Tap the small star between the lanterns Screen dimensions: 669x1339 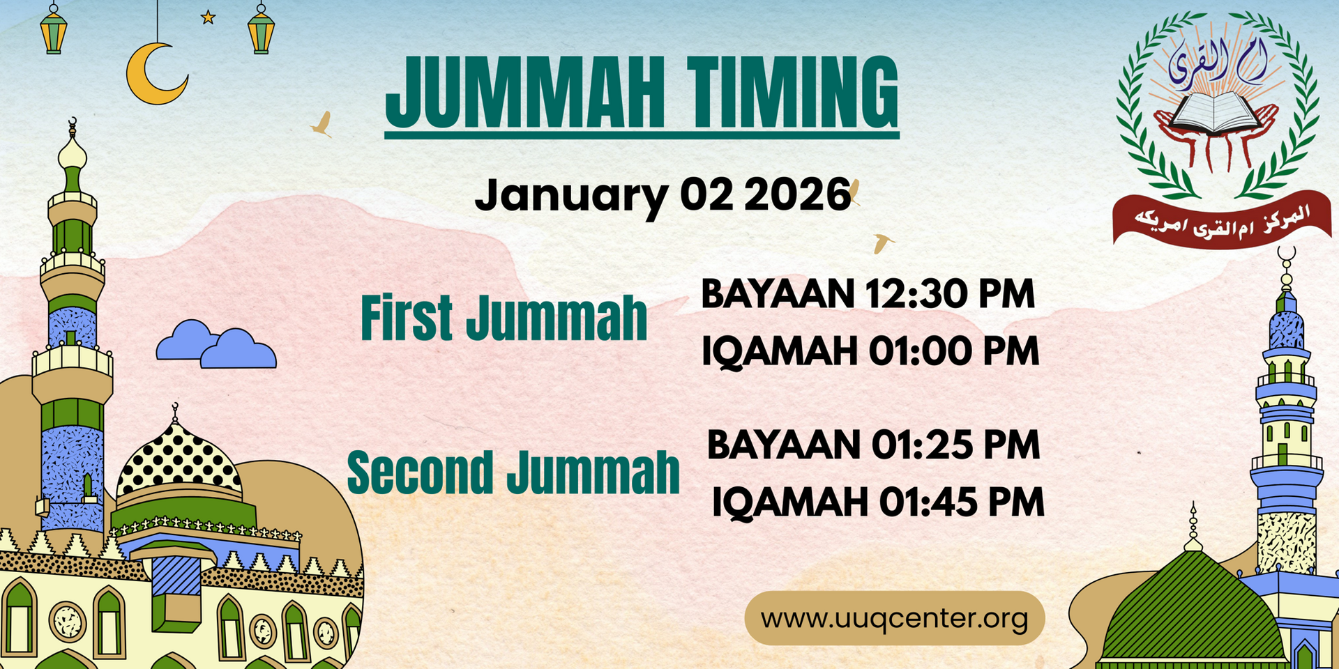[208, 17]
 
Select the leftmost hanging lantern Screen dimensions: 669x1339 [54, 30]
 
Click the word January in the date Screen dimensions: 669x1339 [569, 195]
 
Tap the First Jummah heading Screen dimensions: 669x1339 [504, 318]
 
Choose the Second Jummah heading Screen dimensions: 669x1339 [513, 472]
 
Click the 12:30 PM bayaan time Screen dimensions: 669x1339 [949, 293]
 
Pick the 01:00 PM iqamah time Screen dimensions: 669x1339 [953, 351]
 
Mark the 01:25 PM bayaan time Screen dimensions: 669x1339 [955, 445]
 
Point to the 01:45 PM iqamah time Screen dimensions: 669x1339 [961, 502]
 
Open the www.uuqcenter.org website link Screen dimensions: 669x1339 [894, 618]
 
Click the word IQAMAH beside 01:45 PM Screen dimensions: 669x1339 [789, 502]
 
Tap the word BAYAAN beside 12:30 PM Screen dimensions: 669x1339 [778, 293]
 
